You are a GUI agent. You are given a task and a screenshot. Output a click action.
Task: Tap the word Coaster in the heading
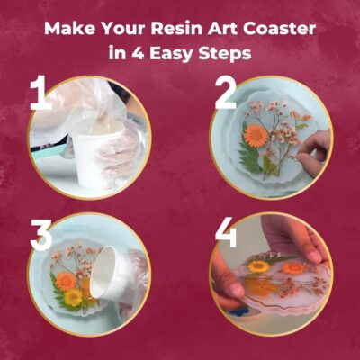tap(279, 28)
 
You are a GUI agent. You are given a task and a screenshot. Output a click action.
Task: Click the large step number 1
tap(40, 93)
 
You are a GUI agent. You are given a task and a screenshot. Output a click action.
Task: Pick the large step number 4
tap(226, 232)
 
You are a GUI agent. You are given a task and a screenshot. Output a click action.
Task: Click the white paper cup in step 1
tap(96, 156)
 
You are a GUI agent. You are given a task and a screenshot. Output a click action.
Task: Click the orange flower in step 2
tap(256, 136)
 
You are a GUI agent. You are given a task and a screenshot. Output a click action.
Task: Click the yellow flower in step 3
tap(73, 297)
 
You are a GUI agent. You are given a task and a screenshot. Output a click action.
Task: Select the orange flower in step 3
tap(66, 282)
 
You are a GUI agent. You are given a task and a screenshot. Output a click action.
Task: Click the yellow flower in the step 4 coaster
tap(259, 266)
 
